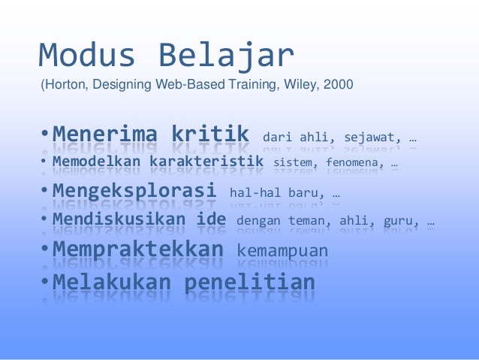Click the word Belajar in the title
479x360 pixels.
[226, 55]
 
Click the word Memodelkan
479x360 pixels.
[97, 162]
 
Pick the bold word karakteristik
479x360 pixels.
[205, 162]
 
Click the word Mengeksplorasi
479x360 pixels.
[134, 189]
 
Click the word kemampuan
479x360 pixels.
[282, 251]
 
